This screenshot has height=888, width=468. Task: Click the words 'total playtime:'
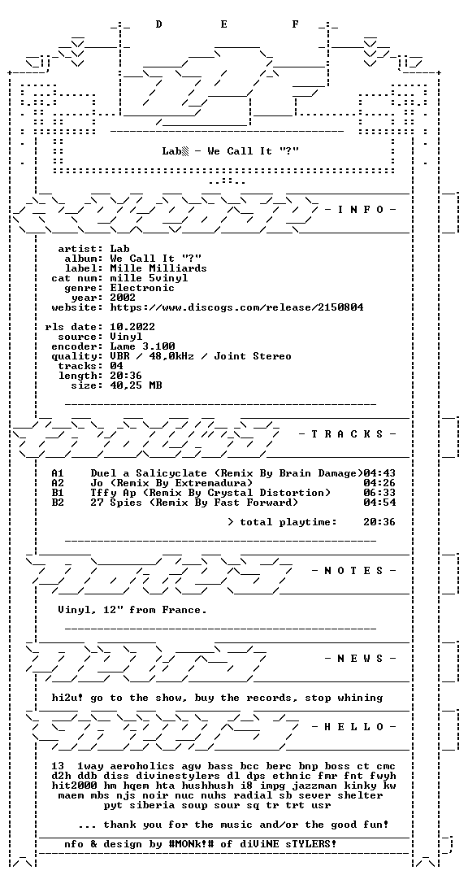click(288, 522)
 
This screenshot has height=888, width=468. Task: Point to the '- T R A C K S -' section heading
click(348, 434)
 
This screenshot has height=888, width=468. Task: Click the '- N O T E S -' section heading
click(354, 570)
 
